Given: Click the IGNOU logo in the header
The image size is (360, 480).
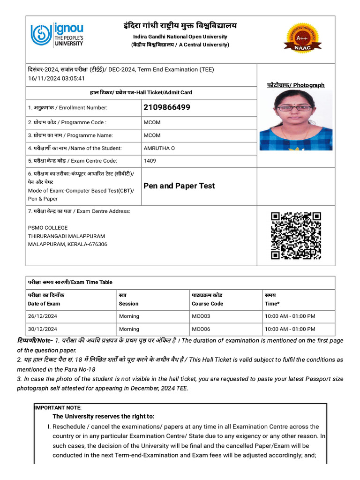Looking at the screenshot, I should (57, 35).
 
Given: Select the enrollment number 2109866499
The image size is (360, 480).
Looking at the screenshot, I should (167, 107).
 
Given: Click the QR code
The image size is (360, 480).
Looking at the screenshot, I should (296, 235).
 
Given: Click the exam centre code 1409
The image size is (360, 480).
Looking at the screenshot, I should (150, 161).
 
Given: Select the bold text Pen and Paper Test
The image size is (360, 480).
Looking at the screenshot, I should (179, 186).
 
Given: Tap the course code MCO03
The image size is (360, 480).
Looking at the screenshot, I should (201, 316).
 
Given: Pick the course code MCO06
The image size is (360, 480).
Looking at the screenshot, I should (201, 329).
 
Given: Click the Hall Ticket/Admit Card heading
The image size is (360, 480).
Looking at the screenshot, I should (141, 93).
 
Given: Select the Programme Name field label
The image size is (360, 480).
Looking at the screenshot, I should (70, 135).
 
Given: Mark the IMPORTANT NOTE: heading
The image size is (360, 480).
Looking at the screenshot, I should (58, 408).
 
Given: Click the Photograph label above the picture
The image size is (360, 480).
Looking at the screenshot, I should (295, 85).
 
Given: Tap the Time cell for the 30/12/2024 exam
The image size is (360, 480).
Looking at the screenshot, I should (290, 329).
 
